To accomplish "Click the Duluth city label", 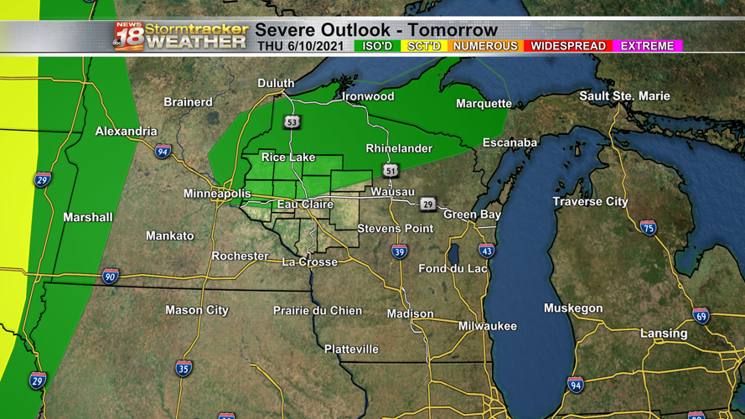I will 276,83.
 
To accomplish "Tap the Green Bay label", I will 472,215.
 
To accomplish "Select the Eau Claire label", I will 305,204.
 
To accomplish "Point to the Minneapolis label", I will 217,194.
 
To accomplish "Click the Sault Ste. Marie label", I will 624,96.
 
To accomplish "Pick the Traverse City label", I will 590,202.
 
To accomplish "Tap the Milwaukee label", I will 487,326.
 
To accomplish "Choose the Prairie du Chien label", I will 318,311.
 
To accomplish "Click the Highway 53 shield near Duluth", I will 292,122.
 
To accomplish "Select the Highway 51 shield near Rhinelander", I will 391,170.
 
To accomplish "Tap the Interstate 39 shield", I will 400,251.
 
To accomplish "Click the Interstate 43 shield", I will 486,250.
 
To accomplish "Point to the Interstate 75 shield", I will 648,227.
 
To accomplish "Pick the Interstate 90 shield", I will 110,276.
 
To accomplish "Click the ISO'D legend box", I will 378,46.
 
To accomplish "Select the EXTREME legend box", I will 648,46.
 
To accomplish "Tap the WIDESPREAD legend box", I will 568,46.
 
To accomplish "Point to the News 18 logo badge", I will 128,36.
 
